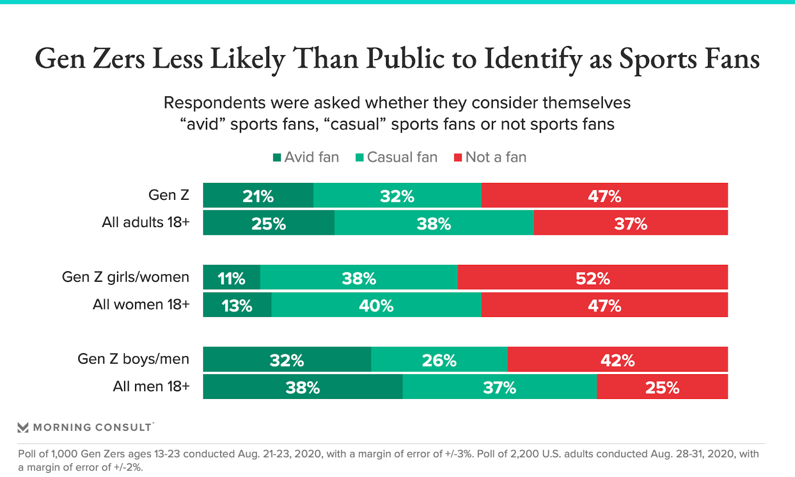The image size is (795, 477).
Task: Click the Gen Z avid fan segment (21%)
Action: click(x=258, y=195)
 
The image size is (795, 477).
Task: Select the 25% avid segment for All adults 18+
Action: click(x=268, y=223)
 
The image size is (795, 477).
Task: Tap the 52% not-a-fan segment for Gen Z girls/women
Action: click(x=592, y=277)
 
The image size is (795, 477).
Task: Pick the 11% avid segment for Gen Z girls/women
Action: click(x=232, y=277)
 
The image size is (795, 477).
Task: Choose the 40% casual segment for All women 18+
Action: click(x=376, y=305)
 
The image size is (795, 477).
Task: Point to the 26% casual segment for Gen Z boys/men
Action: click(x=439, y=359)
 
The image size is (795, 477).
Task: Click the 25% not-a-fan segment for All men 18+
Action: click(x=662, y=387)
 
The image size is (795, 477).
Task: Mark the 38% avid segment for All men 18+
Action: click(x=303, y=387)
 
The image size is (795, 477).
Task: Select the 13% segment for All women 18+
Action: click(x=237, y=305)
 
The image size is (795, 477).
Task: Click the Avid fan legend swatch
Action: click(x=277, y=158)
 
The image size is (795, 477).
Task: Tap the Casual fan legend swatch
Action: click(x=360, y=158)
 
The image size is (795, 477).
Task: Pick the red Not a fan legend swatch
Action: click(x=458, y=158)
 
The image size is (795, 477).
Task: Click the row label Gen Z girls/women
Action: click(x=126, y=277)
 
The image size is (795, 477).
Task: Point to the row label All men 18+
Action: click(x=151, y=386)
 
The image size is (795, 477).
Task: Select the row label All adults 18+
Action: click(x=146, y=222)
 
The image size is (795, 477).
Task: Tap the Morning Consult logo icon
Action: click(x=23, y=427)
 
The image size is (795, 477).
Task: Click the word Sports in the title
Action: click(x=658, y=59)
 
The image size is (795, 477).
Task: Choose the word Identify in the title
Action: click(x=533, y=59)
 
